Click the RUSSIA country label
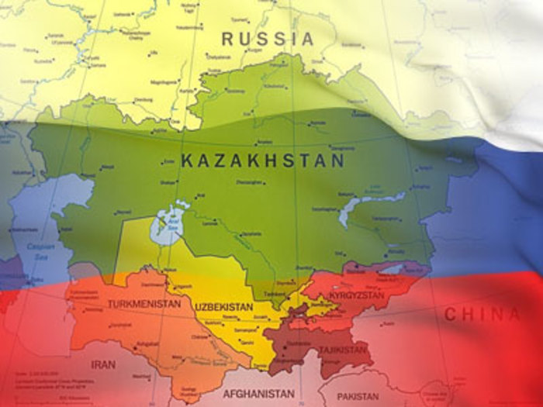tap(268, 38)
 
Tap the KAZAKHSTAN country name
tap(262, 161)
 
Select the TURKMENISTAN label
tap(144, 304)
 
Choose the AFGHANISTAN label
tap(259, 394)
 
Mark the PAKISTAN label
tap(358, 396)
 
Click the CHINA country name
tap(482, 315)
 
